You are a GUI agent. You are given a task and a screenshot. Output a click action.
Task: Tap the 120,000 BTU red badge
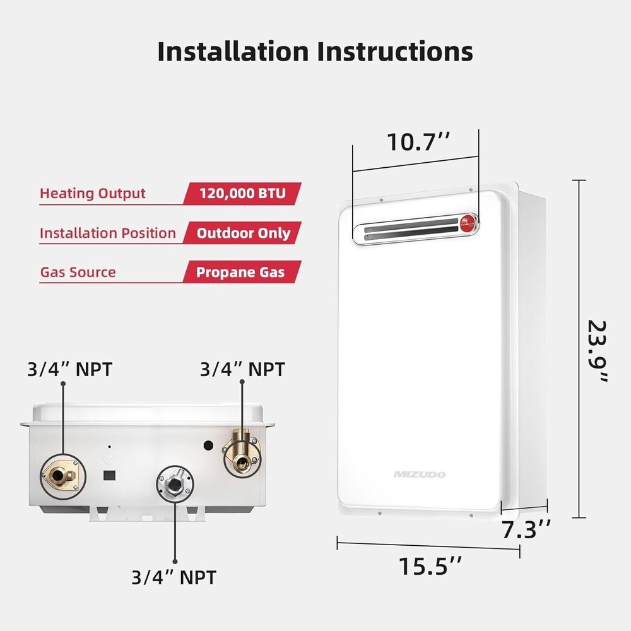tap(242, 193)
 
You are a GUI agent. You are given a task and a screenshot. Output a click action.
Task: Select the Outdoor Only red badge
tap(243, 233)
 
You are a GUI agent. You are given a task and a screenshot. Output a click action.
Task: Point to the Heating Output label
tap(93, 193)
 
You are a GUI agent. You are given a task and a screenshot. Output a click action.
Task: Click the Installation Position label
tap(108, 233)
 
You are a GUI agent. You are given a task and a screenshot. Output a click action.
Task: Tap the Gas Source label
tap(78, 273)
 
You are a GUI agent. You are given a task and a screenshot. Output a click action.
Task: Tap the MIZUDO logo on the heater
tap(420, 474)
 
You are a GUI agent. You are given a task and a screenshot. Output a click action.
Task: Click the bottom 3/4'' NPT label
tap(174, 577)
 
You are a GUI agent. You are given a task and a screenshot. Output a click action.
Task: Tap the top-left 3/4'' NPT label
tap(69, 369)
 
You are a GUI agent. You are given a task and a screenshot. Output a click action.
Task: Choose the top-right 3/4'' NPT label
tap(242, 369)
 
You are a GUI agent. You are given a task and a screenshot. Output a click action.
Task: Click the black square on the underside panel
tap(109, 473)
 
